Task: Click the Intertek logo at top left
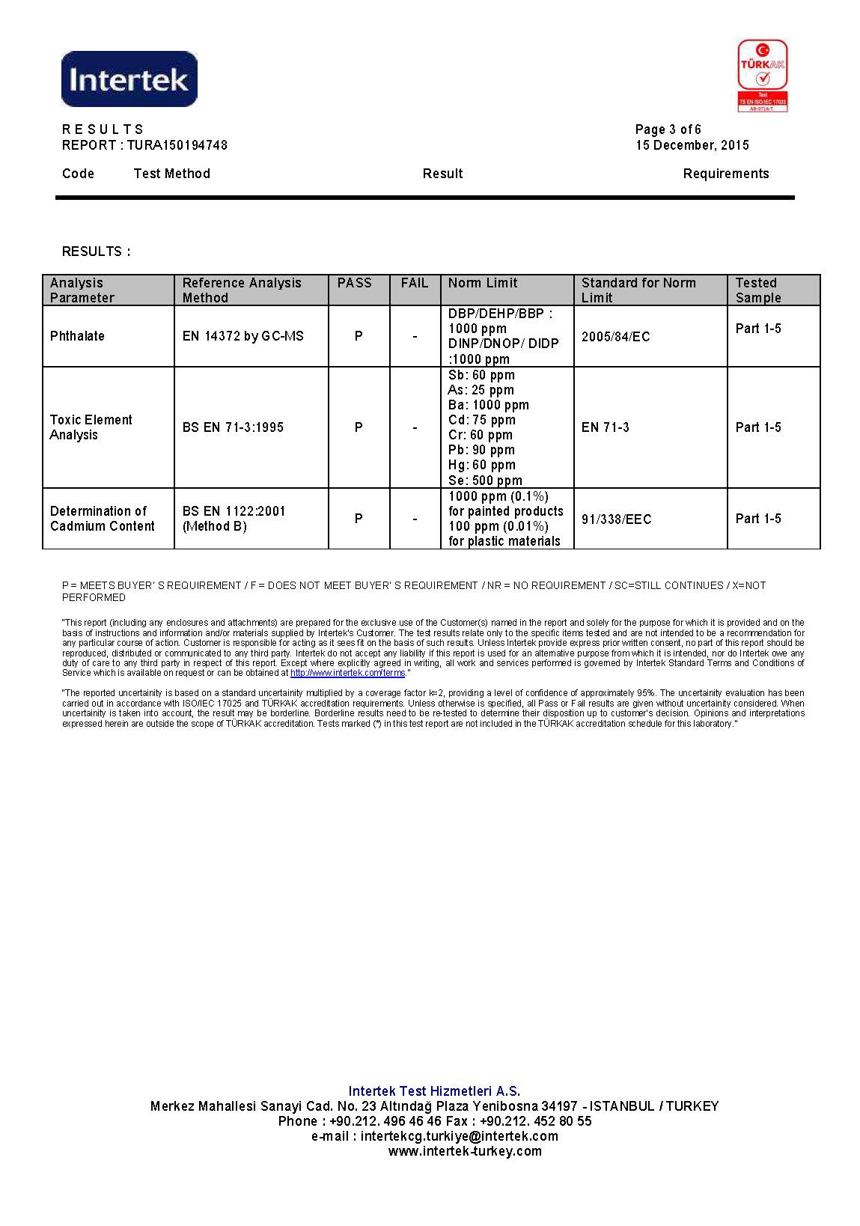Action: coord(129,79)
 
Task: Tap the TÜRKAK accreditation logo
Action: coord(762,76)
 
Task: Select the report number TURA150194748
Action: coord(177,145)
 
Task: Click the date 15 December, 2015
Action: coord(692,145)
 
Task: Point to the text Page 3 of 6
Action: coord(668,129)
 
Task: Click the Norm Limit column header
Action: coord(483,283)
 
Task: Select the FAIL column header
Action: coord(415,283)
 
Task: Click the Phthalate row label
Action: coord(77,336)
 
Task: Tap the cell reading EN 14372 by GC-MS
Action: coord(243,336)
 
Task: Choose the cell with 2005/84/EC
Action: coord(616,337)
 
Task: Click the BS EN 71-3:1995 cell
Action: coord(233,427)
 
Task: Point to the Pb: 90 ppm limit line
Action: coord(481,450)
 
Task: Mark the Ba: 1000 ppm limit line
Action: coord(488,405)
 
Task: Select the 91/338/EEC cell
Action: coord(616,519)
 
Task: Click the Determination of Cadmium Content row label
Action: coord(102,519)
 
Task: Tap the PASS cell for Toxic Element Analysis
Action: coord(359,427)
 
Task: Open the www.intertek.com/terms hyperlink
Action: coord(347,673)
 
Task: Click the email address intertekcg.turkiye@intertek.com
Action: coord(459,1136)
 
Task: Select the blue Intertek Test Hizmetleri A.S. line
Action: coord(434,1091)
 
